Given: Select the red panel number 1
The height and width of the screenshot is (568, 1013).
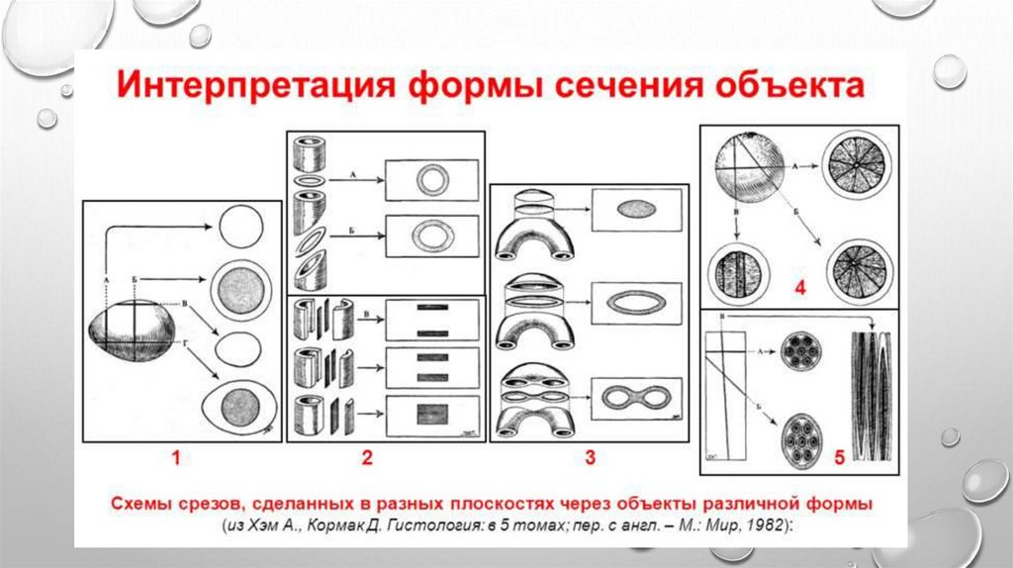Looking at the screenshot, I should click(x=177, y=457).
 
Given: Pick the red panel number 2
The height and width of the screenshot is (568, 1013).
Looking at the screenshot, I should click(x=367, y=457).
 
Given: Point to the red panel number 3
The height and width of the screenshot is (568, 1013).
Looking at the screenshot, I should click(x=590, y=457).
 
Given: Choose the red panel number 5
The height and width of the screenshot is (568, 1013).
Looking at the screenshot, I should click(x=839, y=457).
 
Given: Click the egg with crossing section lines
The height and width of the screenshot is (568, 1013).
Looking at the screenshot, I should click(x=132, y=331).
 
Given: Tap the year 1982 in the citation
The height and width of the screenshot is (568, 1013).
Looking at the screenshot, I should click(x=765, y=525).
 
